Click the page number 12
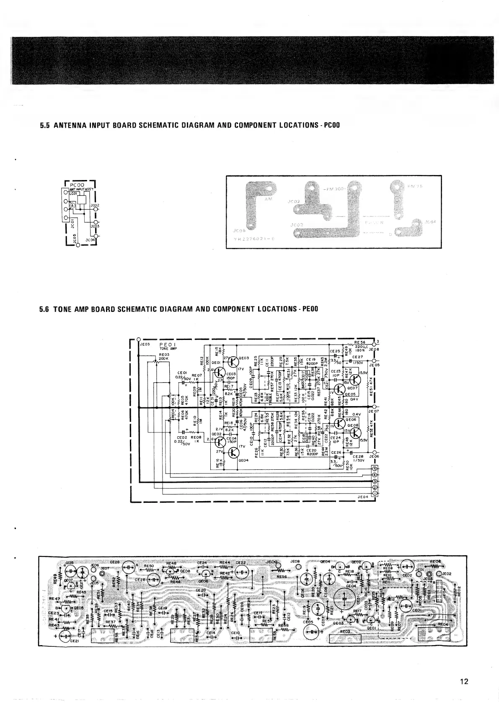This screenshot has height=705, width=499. (x=464, y=681)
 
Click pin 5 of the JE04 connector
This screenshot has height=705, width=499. (x=375, y=468)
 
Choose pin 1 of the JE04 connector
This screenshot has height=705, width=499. (x=375, y=494)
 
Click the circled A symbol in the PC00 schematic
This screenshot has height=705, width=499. (x=72, y=206)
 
